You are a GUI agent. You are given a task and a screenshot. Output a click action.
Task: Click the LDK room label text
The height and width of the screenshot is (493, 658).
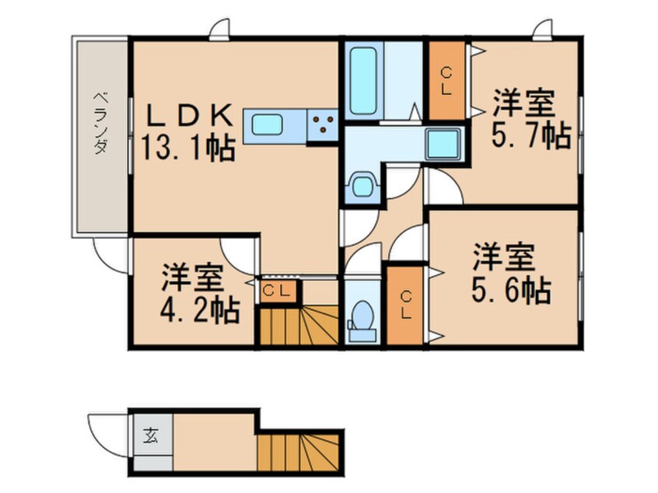point(191,116)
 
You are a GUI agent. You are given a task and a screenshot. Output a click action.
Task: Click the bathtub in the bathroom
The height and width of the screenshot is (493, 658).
point(362,79)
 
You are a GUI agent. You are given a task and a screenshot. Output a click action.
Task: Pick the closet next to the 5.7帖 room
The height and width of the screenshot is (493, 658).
point(446,80)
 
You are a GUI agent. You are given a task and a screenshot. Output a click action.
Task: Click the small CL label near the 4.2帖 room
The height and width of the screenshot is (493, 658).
point(276,292)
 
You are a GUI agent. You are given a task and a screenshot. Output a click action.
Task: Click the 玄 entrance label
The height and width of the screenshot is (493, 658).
point(150,435)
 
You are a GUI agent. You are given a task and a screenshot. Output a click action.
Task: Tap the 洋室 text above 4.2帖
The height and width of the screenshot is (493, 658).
point(193,278)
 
